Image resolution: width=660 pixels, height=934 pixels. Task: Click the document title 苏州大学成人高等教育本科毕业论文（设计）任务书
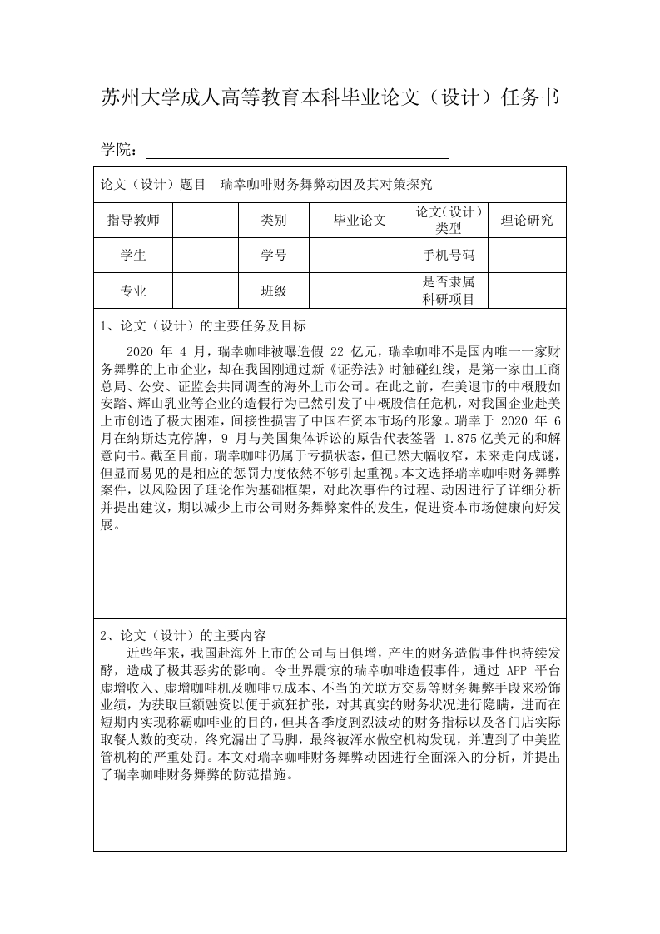pos(330,99)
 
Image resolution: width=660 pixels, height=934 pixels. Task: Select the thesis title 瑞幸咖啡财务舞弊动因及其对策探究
pos(326,184)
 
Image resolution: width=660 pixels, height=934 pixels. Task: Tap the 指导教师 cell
pos(133,221)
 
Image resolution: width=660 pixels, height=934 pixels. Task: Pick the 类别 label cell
pos(274,221)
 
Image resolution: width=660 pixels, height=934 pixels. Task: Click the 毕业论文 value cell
pos(360,221)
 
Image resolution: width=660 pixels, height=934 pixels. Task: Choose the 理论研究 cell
pos(526,221)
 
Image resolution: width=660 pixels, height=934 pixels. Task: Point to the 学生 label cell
pos(133,256)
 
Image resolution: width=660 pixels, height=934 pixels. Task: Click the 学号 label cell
pos(274,256)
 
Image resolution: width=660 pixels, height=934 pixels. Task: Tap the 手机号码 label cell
pos(448,256)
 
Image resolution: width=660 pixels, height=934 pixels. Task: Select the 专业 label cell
pos(133,291)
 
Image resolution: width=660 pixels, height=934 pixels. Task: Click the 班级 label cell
pos(274,291)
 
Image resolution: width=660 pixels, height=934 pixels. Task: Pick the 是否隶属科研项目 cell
pos(448,291)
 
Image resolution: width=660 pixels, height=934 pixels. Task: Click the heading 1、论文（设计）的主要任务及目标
pos(202,325)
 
